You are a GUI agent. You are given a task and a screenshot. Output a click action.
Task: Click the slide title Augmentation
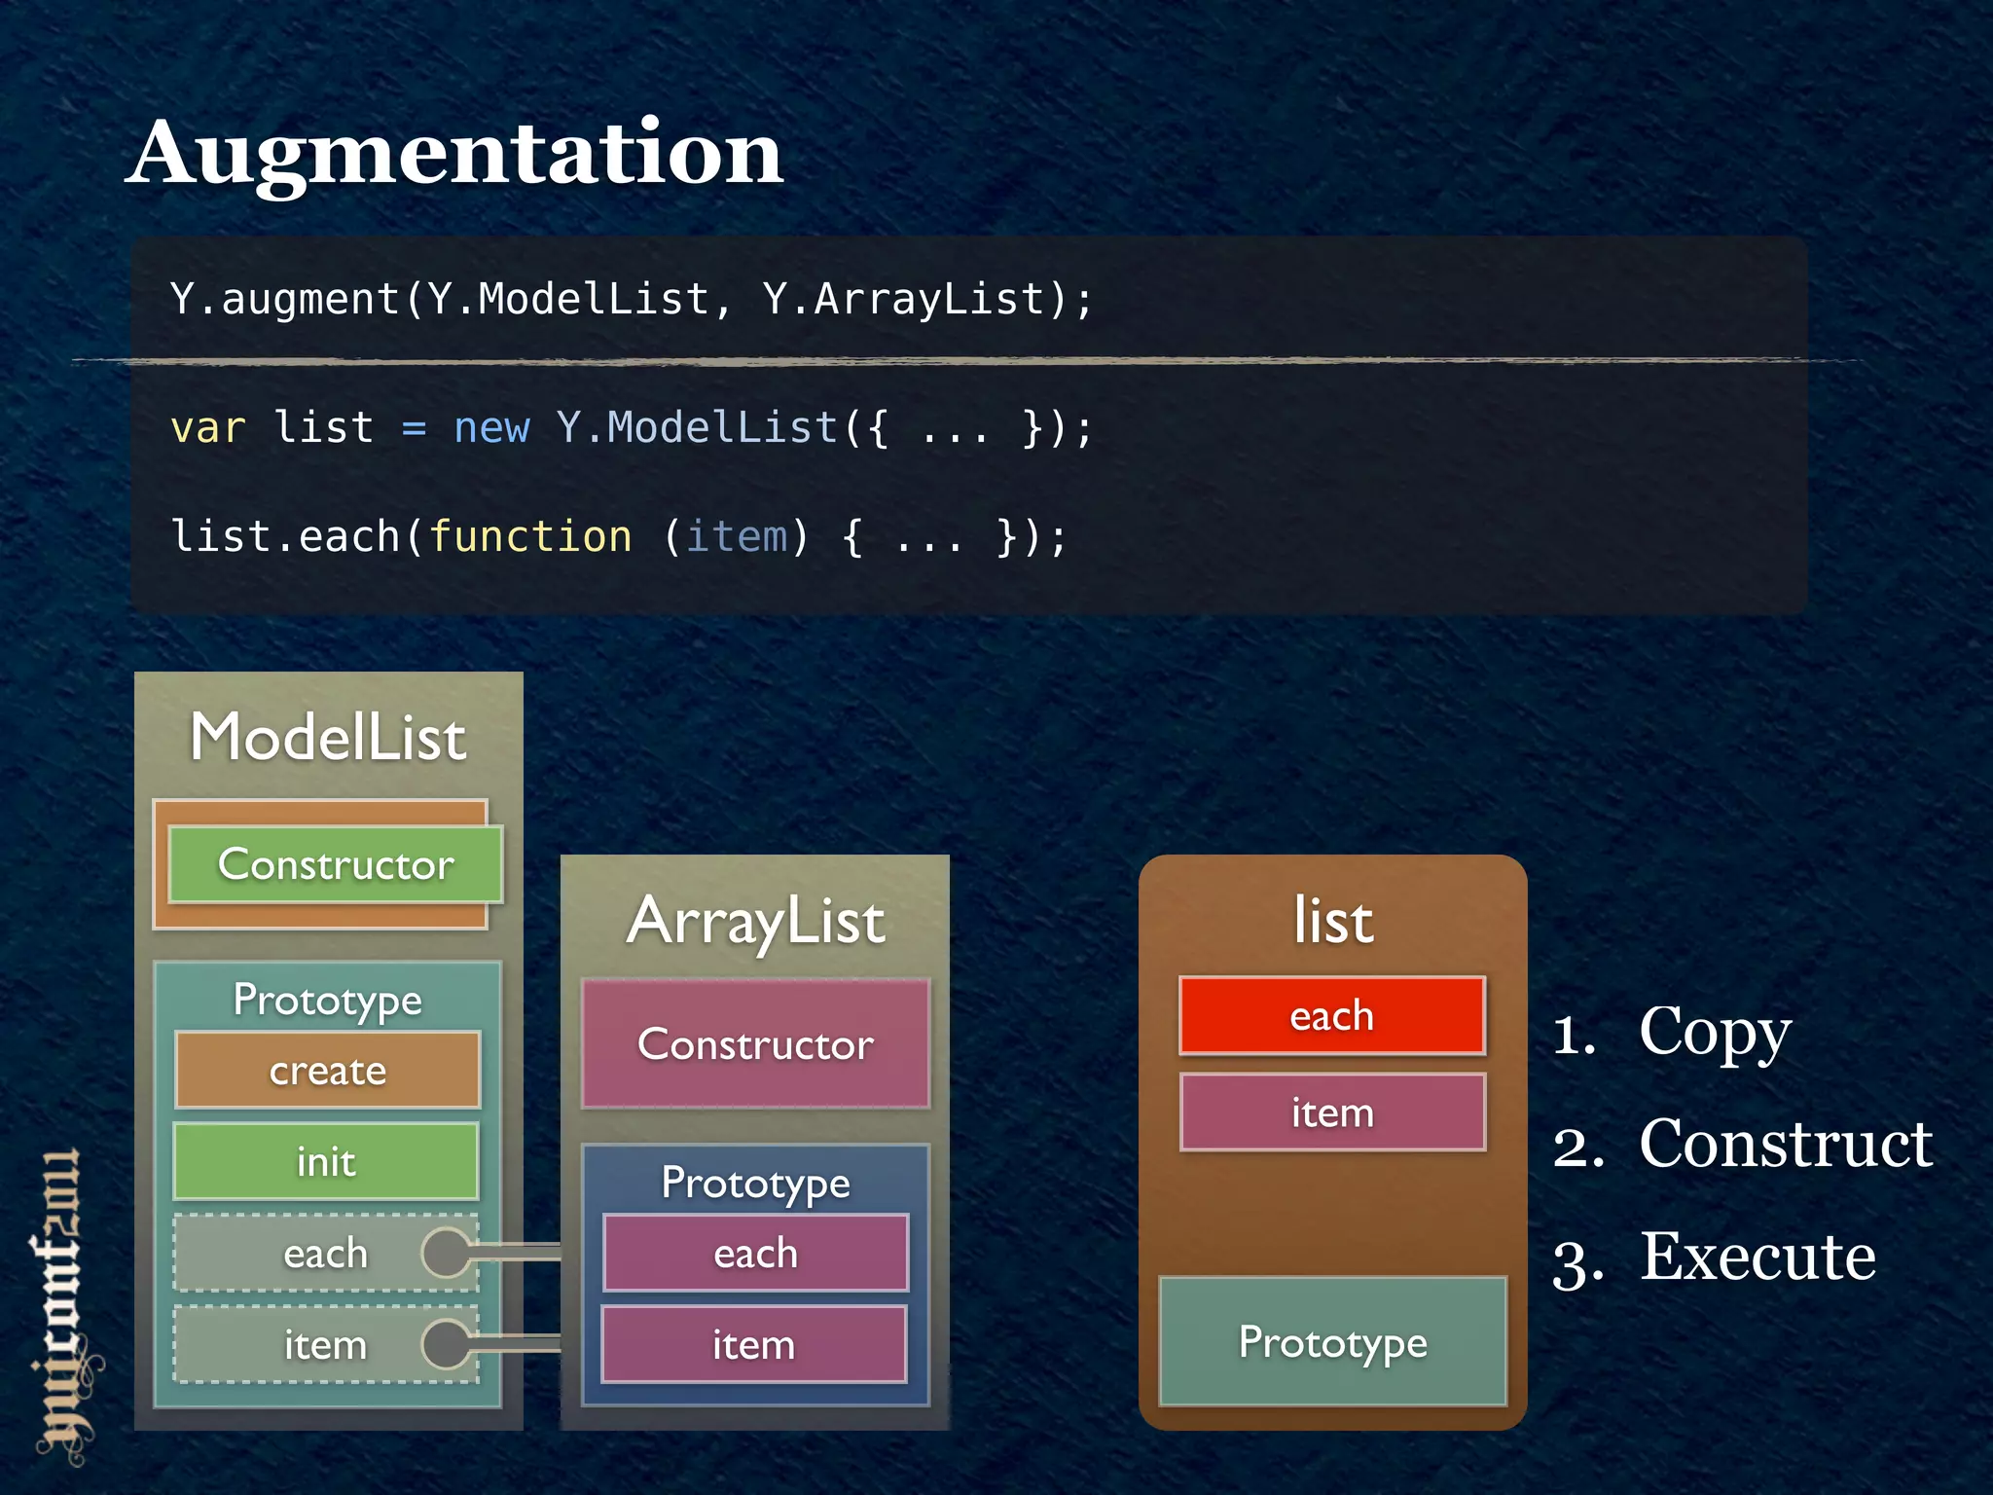(454, 154)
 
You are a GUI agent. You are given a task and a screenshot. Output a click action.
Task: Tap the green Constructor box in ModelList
(336, 864)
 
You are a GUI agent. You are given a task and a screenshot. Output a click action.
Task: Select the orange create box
(328, 1071)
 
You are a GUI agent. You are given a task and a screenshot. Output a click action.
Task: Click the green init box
(326, 1161)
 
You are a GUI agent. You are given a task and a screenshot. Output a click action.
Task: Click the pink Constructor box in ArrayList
(755, 1044)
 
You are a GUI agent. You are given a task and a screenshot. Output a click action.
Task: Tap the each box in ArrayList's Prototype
(755, 1253)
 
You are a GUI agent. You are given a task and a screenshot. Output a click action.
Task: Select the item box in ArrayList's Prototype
(754, 1345)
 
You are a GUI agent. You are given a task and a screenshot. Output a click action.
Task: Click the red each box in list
(1332, 1016)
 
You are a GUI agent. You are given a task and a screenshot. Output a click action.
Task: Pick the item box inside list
(1332, 1112)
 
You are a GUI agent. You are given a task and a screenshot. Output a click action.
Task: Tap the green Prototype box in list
(1333, 1342)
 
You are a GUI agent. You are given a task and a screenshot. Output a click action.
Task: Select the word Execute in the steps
(1757, 1257)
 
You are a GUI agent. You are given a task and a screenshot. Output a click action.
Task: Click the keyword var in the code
(207, 428)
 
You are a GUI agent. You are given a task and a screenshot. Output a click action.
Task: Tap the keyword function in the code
(530, 536)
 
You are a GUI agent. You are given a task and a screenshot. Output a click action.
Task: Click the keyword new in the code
(491, 428)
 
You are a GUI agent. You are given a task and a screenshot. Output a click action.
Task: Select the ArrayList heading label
(756, 921)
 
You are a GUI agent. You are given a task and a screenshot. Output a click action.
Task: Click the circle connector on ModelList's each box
(447, 1253)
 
